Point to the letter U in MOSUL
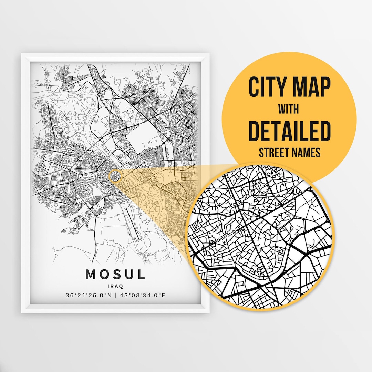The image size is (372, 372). (128, 275)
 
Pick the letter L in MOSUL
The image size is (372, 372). (141, 275)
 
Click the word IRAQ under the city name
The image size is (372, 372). (115, 286)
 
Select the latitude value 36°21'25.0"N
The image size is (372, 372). (88, 295)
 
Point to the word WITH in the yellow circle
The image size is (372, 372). (289, 110)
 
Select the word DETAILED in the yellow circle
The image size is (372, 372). (289, 131)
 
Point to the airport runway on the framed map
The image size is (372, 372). (133, 224)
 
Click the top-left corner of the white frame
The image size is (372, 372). (22, 53)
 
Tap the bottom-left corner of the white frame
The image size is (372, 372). (22, 312)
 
